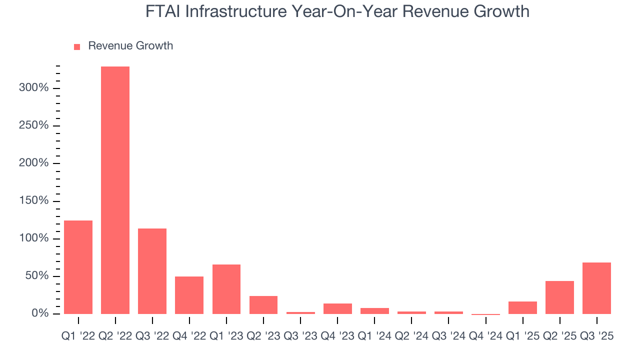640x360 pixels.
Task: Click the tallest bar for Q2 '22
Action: point(115,190)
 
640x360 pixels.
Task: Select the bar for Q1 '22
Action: point(78,267)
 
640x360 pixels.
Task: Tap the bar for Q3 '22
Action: point(152,271)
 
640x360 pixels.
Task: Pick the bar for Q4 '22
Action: point(189,295)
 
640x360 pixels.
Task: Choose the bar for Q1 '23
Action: point(226,289)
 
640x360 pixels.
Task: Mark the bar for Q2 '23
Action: point(263,305)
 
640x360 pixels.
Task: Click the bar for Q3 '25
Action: point(596,288)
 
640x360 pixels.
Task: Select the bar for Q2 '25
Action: point(559,297)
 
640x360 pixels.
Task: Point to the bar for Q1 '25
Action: point(522,307)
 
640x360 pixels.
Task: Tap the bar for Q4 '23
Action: point(337,308)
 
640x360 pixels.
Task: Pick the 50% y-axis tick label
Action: point(37,276)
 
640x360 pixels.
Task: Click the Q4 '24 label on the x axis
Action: point(485,336)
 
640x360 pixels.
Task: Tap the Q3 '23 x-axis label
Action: point(300,336)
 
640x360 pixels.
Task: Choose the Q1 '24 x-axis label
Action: point(374,336)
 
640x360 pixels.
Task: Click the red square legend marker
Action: point(77,46)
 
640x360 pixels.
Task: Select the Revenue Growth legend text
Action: point(130,46)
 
